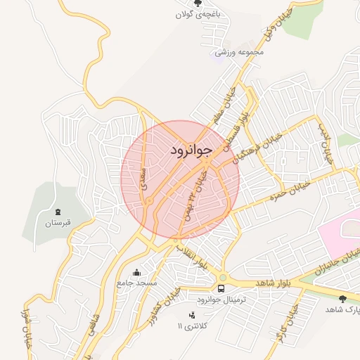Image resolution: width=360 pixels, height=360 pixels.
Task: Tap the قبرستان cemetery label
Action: pos(59,224)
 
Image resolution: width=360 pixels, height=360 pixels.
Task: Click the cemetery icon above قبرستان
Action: pos(58,212)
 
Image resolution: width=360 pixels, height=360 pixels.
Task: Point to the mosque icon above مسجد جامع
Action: pos(136,272)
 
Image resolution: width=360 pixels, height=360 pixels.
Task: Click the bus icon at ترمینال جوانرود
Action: pos(221,288)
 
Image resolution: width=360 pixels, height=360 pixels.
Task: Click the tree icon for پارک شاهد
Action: pos(342,299)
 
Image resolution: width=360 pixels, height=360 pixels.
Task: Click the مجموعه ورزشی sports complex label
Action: pos(239,51)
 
